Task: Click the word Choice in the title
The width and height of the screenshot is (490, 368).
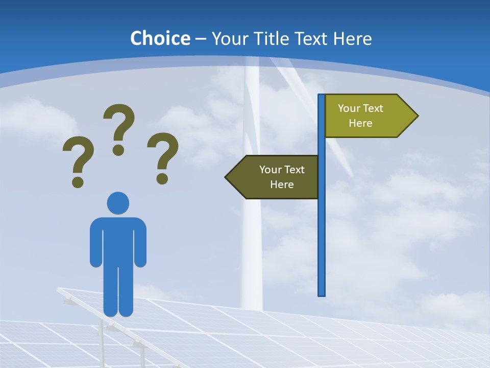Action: (x=160, y=39)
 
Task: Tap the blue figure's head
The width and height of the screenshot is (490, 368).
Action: (x=118, y=203)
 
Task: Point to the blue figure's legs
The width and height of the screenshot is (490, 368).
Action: (x=118, y=291)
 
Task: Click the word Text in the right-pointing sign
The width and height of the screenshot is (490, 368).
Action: (x=373, y=108)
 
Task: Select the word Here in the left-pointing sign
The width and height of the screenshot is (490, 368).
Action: (x=282, y=185)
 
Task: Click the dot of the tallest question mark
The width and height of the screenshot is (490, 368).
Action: (x=118, y=150)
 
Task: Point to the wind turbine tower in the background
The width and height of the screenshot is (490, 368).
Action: (x=251, y=245)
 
